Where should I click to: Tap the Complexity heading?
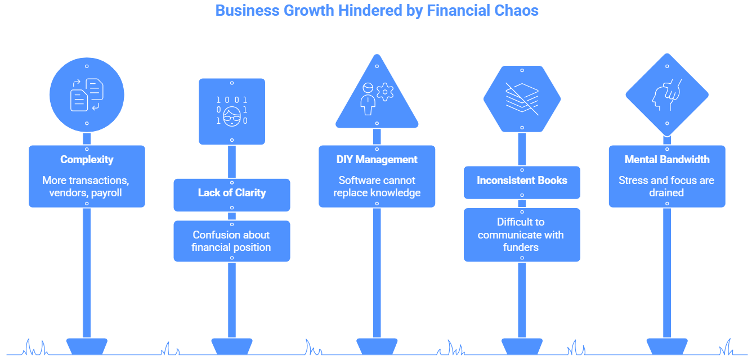coord(87,160)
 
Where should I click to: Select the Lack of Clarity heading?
coord(232,192)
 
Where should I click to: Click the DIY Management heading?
coord(377,159)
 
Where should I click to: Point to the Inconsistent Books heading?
coord(522,180)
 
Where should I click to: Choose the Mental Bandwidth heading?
coord(667,159)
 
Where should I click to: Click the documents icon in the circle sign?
coord(87,95)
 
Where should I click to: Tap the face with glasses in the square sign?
coord(232,116)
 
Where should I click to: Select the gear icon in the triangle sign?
coord(385,92)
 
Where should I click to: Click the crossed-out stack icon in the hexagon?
coord(522,98)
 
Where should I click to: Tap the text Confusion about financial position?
coord(231,241)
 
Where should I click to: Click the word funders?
coord(521,247)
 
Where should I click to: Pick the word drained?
coord(666,192)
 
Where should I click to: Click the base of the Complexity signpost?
coord(87,346)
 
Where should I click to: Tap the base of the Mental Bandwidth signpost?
coord(667,346)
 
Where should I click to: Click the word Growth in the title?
coord(308,10)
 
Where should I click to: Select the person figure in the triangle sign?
coord(368,99)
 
